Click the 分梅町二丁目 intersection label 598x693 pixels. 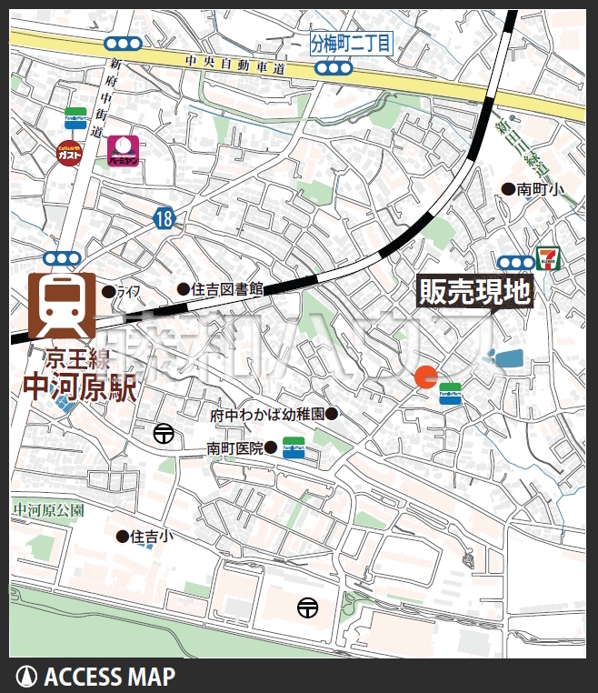(351, 43)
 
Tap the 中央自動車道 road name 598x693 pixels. (234, 65)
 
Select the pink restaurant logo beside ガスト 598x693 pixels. (123, 150)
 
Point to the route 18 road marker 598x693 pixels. (164, 217)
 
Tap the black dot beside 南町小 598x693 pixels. (508, 189)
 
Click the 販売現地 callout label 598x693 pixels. (473, 292)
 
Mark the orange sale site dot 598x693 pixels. (425, 377)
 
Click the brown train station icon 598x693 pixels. (61, 306)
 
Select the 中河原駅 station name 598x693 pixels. (79, 387)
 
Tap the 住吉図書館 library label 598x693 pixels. (225, 289)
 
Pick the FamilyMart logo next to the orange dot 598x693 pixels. (450, 393)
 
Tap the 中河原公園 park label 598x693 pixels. (48, 510)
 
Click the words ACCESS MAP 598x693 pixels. (109, 677)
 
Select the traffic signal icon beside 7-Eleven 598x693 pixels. (516, 262)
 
